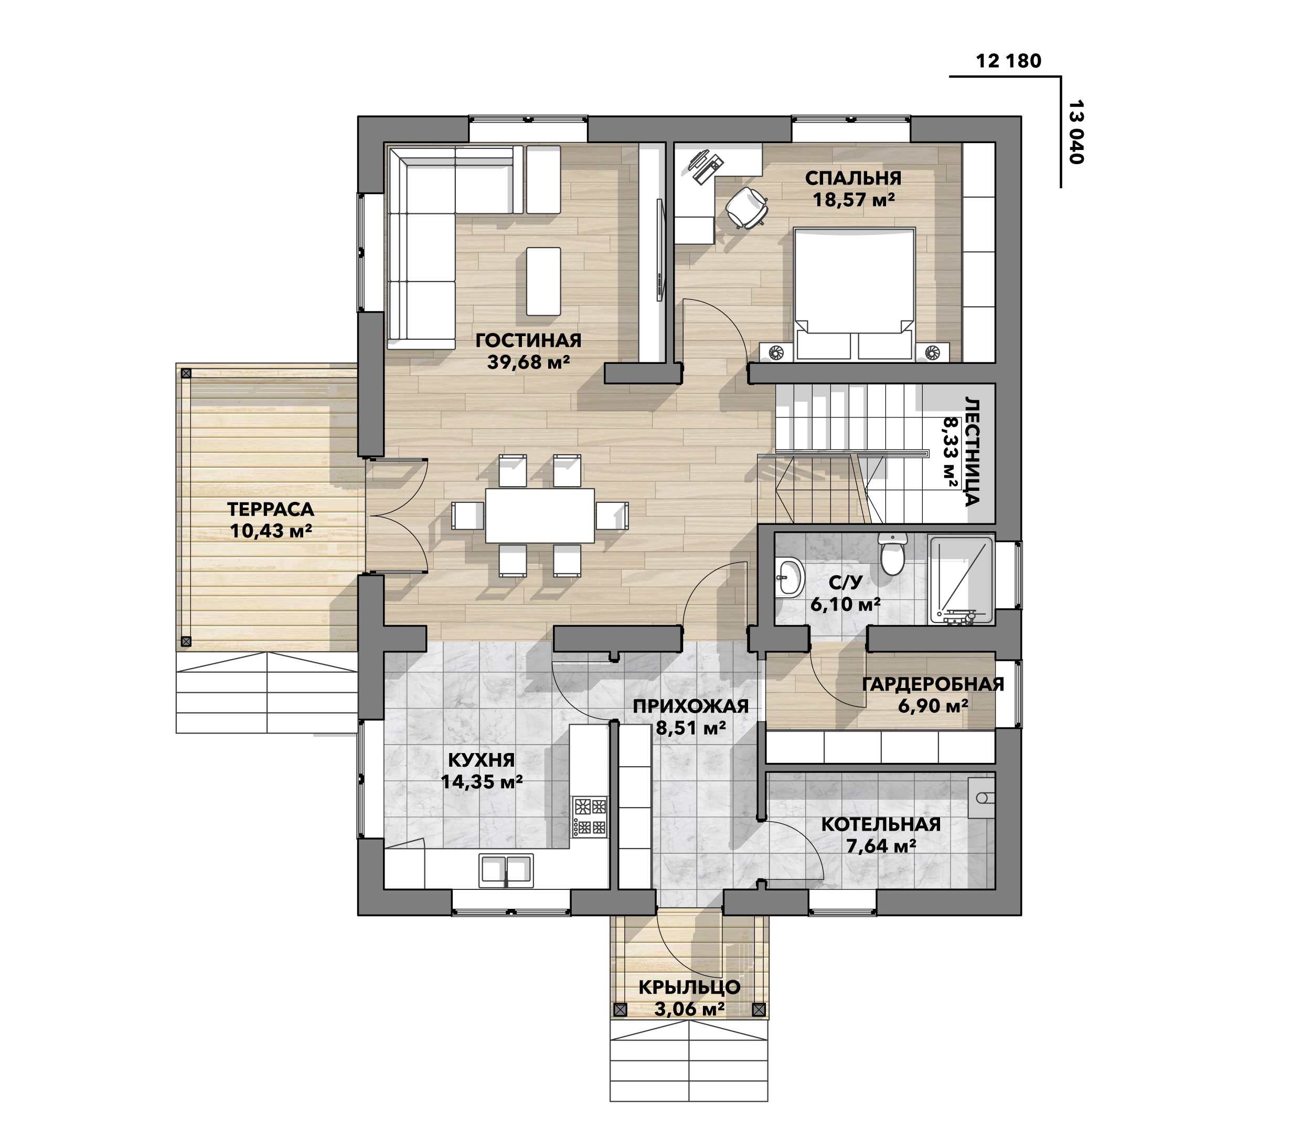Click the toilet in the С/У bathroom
(x=893, y=554)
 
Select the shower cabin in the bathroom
(x=961, y=581)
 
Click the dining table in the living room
(x=540, y=515)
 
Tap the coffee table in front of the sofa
(x=543, y=281)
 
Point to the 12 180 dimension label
(x=1009, y=61)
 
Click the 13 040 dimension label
(x=1076, y=132)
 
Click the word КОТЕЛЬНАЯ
(x=881, y=824)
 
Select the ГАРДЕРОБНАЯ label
(x=933, y=684)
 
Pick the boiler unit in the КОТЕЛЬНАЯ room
(x=982, y=798)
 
